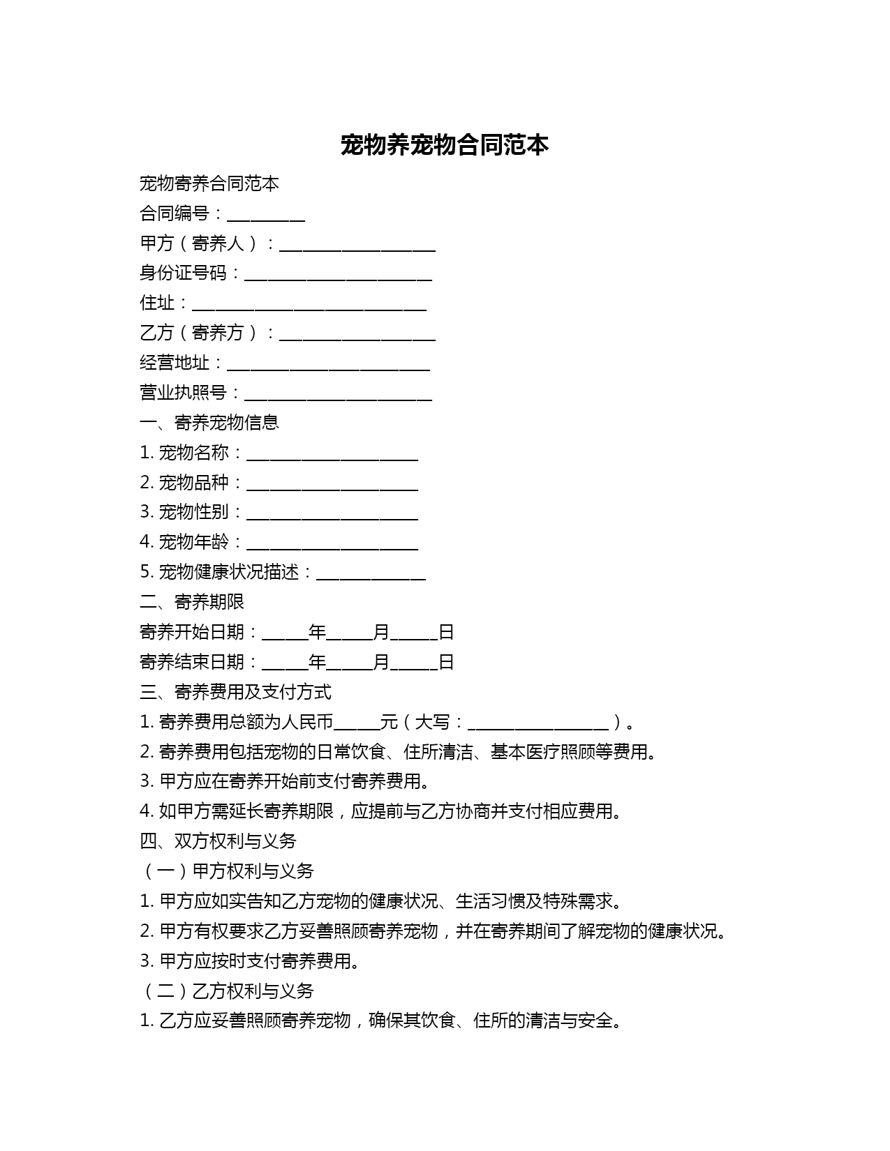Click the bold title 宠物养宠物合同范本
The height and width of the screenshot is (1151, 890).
click(x=445, y=145)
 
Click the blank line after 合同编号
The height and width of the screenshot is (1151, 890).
click(x=266, y=215)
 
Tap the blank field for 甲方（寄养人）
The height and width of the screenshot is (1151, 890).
click(x=357, y=245)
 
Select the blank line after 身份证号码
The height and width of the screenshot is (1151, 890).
click(x=338, y=275)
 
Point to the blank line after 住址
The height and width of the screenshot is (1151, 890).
click(x=309, y=305)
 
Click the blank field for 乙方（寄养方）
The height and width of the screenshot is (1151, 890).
click(x=357, y=335)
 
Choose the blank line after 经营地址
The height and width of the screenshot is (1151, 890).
click(x=328, y=365)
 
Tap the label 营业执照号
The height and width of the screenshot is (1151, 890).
click(x=183, y=393)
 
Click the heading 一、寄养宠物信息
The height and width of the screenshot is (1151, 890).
click(x=209, y=423)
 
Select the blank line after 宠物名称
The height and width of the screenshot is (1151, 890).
click(x=332, y=455)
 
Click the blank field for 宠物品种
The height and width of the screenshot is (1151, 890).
click(x=332, y=485)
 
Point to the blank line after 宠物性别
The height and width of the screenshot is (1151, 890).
click(x=332, y=514)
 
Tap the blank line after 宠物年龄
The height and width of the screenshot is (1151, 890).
click(x=332, y=544)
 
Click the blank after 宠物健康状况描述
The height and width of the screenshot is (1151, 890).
click(x=371, y=574)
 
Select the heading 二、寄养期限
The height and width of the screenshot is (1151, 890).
click(x=192, y=602)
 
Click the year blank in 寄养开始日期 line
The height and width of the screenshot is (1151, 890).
click(x=285, y=634)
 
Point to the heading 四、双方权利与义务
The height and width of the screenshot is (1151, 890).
click(x=218, y=841)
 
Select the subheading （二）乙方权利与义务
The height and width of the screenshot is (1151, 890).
click(x=227, y=991)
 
